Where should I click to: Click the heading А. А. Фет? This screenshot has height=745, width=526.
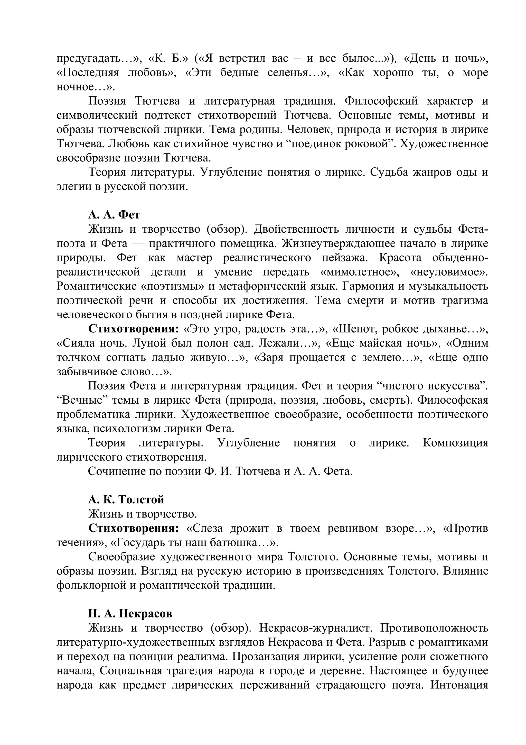point(114,215)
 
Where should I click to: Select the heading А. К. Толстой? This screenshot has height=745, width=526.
point(126,499)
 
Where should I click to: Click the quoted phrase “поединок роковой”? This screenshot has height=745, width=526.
point(338,144)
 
